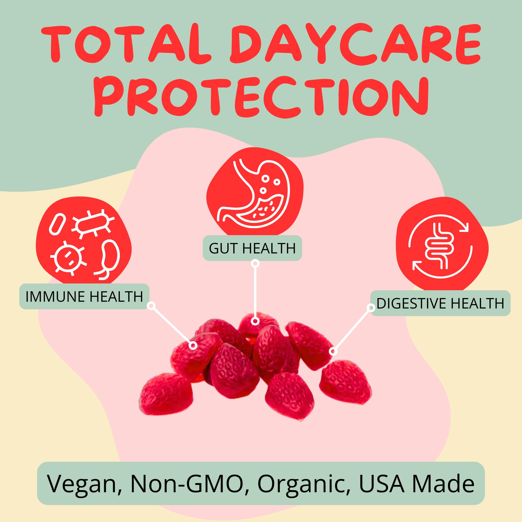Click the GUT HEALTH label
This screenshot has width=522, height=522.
pyautogui.click(x=252, y=248)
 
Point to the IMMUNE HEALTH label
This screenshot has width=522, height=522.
pyautogui.click(x=84, y=296)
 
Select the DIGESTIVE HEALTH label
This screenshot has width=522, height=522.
pyautogui.click(x=440, y=303)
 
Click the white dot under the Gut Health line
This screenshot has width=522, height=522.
pyautogui.click(x=255, y=321)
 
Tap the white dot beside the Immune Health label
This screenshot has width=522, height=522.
pyautogui.click(x=152, y=306)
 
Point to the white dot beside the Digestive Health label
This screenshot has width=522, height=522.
pyautogui.click(x=371, y=308)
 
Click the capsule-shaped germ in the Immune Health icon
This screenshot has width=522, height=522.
pyautogui.click(x=57, y=224)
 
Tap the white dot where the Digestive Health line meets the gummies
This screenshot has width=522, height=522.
pyautogui.click(x=333, y=352)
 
